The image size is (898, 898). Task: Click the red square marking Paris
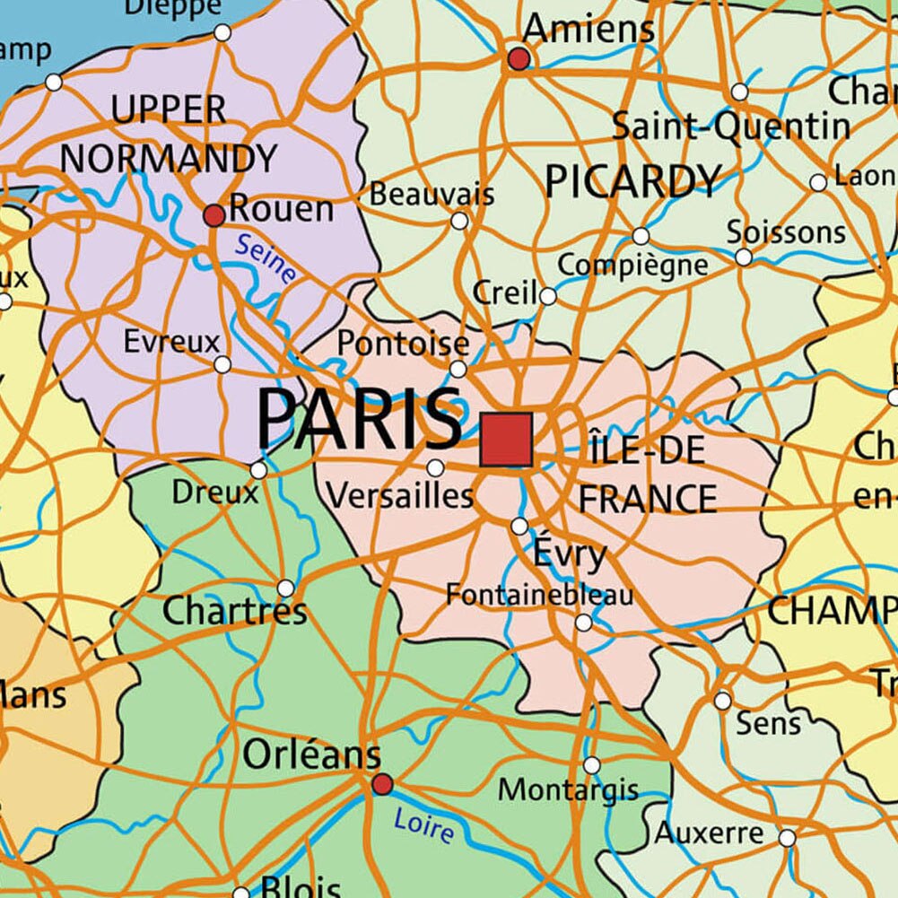tap(506, 439)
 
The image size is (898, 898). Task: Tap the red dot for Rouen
tap(214, 215)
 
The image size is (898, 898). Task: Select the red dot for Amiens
tap(519, 59)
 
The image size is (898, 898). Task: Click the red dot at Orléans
tap(382, 784)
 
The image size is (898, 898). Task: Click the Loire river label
tap(423, 825)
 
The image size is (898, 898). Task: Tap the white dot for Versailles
tap(435, 467)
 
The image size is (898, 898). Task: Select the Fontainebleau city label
tap(539, 594)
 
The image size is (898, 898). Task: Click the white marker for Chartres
tap(285, 588)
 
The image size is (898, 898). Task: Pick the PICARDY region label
tap(633, 182)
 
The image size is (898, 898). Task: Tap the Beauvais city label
tap(432, 194)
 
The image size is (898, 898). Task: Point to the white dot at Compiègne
tap(641, 236)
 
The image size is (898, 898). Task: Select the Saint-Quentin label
tap(730, 126)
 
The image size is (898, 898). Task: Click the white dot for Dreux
tap(258, 469)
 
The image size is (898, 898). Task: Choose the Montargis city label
tap(568, 790)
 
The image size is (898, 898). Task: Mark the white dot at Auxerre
tap(787, 838)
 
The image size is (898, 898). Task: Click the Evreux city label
tap(171, 342)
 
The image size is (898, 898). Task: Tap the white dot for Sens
tap(722, 701)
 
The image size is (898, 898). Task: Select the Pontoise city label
tap(403, 343)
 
